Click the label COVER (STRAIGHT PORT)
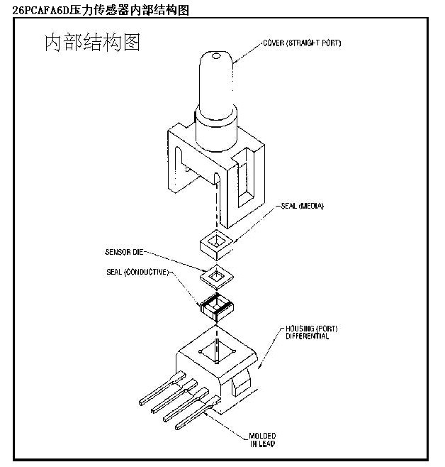point(302,44)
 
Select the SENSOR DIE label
point(125,252)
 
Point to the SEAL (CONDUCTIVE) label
point(137,272)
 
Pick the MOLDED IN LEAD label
point(262,439)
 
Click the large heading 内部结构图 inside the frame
point(92,43)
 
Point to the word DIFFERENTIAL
point(308,336)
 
